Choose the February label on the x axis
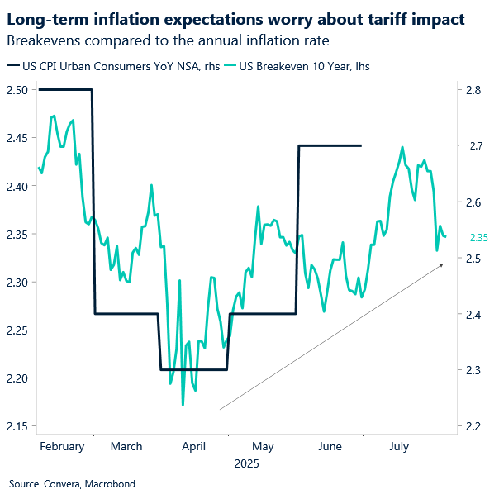tap(61, 446)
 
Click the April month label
tap(192, 446)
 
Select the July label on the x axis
tap(398, 446)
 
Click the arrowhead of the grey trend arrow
tap(441, 264)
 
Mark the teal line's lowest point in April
tap(182, 405)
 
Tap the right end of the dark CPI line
tap(361, 145)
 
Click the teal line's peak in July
tap(402, 147)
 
